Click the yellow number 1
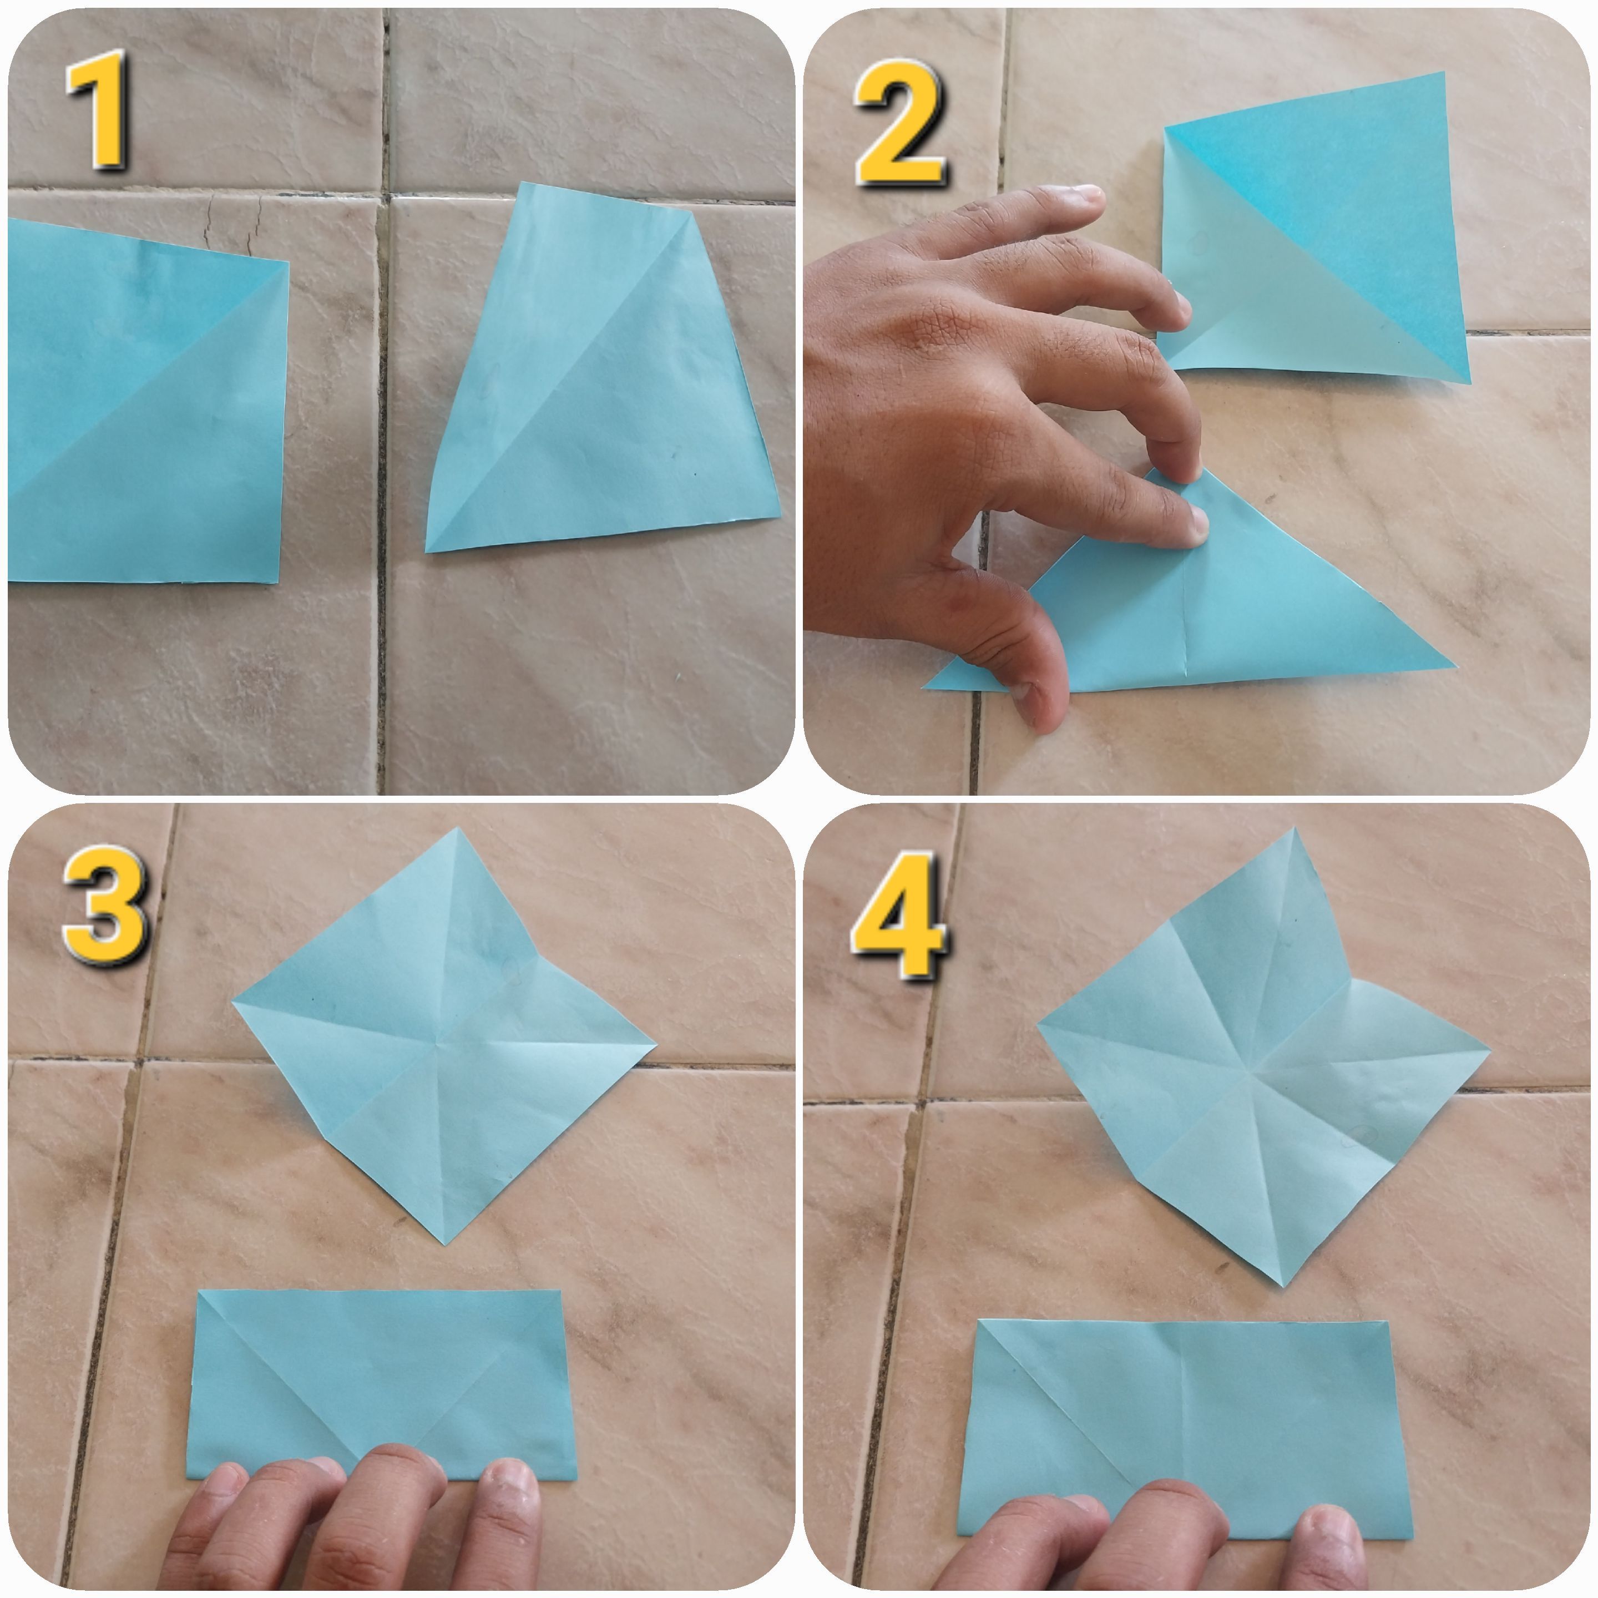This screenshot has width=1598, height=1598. [99, 109]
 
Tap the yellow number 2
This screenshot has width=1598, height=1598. [900, 123]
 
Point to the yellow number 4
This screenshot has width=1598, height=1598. [900, 917]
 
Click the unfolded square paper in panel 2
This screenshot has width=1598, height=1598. [1315, 227]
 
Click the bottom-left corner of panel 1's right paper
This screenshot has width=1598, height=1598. [427, 551]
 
